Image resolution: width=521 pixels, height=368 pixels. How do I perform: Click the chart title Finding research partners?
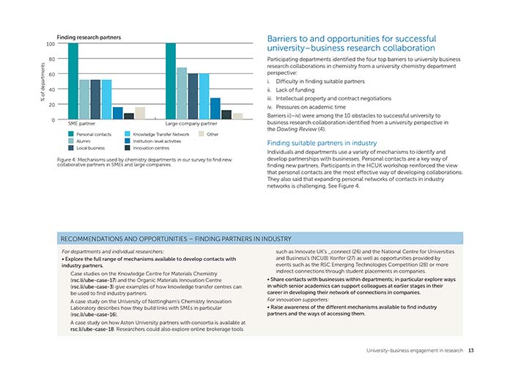(89, 37)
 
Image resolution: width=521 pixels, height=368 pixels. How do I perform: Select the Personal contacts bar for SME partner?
(73, 81)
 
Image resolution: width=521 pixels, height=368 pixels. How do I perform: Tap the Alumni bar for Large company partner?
(182, 93)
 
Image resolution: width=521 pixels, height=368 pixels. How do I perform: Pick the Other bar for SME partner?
(140, 113)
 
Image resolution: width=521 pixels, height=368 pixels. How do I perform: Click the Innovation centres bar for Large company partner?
(226, 114)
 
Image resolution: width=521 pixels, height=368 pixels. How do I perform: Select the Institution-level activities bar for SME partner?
(118, 113)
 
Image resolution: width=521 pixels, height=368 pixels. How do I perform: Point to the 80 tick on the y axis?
(51, 59)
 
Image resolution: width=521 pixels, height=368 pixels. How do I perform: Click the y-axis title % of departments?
(43, 82)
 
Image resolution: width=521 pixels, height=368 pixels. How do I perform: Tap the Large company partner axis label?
(191, 124)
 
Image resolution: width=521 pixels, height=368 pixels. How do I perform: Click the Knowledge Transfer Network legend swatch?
(128, 134)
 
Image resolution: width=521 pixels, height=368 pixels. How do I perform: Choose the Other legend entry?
(208, 134)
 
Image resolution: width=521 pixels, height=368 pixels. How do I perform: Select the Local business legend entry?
(86, 148)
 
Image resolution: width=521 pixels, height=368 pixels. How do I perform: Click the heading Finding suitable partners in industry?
(322, 143)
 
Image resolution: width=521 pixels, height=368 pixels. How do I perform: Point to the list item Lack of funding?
(295, 89)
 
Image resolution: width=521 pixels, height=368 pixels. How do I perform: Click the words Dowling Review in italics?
(297, 129)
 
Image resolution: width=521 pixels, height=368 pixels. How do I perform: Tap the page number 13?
(471, 350)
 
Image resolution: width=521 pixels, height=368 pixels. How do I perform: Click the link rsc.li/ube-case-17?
(93, 280)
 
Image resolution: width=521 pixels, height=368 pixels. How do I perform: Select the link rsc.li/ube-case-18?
(92, 329)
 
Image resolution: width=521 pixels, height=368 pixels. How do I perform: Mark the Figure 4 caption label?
(67, 160)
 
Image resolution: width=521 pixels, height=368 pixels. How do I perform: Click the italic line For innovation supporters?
(293, 300)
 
